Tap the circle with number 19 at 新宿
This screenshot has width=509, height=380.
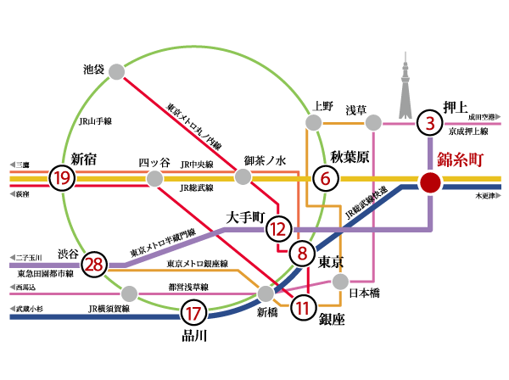tap(60, 178)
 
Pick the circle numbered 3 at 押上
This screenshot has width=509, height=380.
tap(431, 124)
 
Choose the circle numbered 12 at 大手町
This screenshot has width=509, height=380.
tap(277, 229)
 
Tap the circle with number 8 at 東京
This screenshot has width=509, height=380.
tap(301, 252)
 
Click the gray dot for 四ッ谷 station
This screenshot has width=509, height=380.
tap(154, 178)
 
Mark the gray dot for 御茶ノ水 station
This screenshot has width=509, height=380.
tap(243, 176)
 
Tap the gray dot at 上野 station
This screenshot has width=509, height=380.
tap(315, 123)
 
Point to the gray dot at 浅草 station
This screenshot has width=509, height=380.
tap(372, 124)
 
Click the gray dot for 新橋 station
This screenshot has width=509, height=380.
tap(266, 293)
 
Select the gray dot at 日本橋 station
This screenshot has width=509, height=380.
tap(340, 281)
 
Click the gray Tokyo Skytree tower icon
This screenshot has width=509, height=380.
tap(405, 88)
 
